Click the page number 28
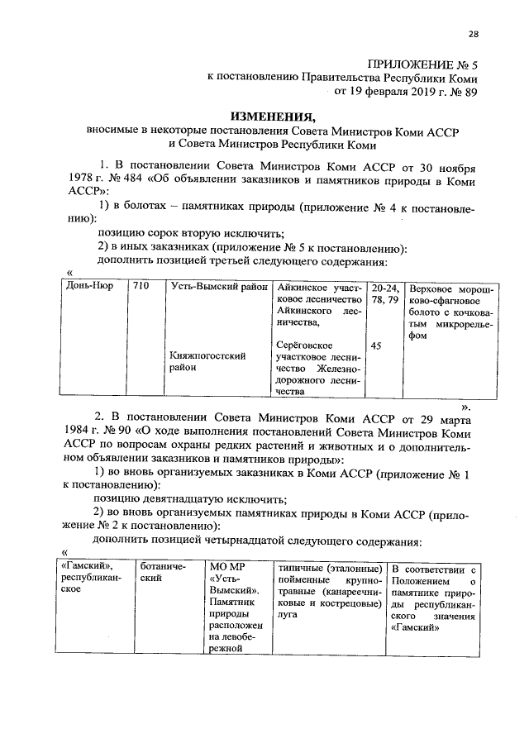tap(473, 34)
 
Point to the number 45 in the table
tap(376, 346)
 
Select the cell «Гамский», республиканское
tap(90, 580)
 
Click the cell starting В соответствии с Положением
tap(433, 598)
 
